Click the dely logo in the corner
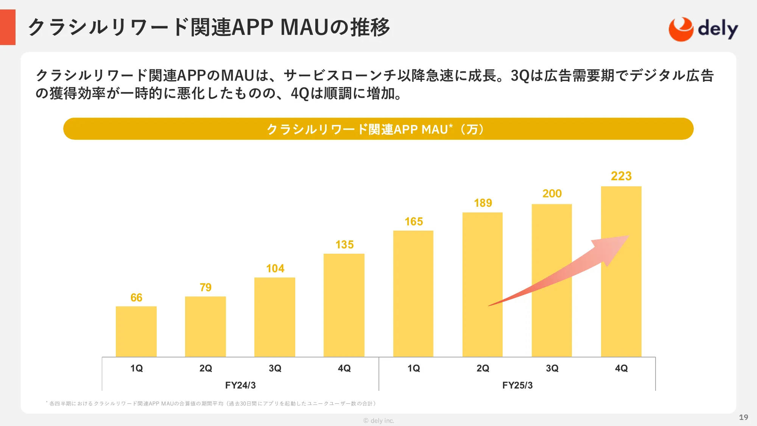[703, 29]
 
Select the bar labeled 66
[136, 331]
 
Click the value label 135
[344, 245]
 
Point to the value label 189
[483, 203]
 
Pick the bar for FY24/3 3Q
[275, 317]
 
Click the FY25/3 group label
[517, 385]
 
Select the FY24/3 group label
[240, 385]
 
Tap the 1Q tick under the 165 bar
[414, 368]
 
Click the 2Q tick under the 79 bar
[206, 368]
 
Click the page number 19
[743, 417]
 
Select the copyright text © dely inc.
[378, 421]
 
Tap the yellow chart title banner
[378, 129]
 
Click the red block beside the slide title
[8, 27]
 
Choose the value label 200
[552, 193]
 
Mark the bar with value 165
[413, 293]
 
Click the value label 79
[206, 287]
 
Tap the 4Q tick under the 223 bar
[621, 368]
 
